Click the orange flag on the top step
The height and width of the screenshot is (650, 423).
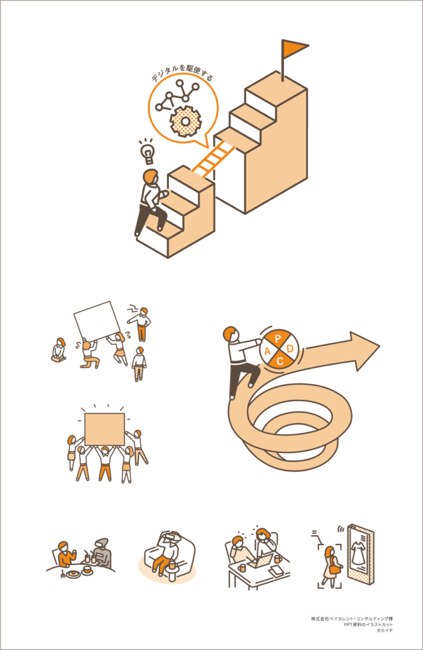click(295, 48)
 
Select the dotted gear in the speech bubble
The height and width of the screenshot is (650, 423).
click(185, 121)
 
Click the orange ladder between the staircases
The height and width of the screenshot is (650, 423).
click(213, 157)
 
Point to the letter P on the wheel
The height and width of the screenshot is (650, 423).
click(278, 339)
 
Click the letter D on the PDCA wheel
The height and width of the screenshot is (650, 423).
click(290, 348)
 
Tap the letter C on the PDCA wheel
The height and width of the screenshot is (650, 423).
click(280, 361)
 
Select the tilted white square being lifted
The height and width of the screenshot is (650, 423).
click(98, 321)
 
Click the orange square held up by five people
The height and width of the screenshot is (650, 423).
click(105, 429)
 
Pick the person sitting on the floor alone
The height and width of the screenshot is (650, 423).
click(59, 350)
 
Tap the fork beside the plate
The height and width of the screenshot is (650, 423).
click(64, 573)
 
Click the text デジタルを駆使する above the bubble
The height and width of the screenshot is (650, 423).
click(182, 72)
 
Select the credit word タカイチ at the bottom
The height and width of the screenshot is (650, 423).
click(384, 630)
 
